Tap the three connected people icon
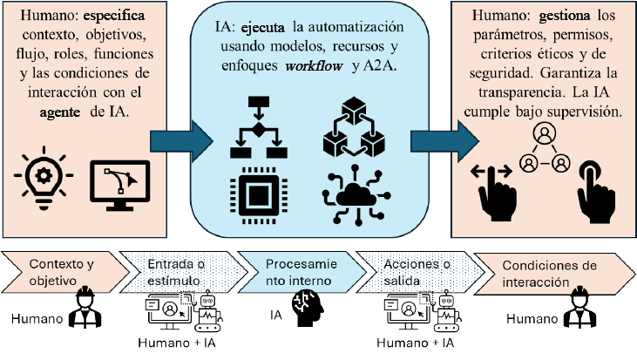click(x=543, y=149)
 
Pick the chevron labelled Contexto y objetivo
click(x=57, y=270)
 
